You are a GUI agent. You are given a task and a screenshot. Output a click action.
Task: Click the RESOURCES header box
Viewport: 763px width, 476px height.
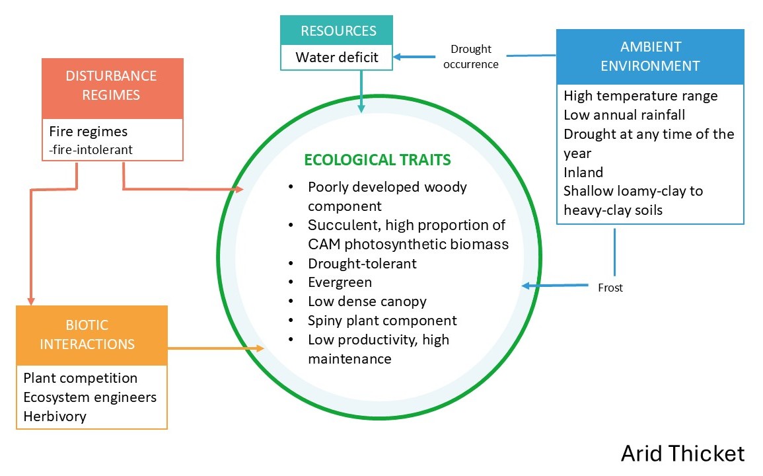(x=336, y=30)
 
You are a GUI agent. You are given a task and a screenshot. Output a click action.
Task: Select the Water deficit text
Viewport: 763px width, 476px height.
(x=337, y=58)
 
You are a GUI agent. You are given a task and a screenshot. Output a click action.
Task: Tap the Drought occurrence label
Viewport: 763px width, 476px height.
(x=470, y=56)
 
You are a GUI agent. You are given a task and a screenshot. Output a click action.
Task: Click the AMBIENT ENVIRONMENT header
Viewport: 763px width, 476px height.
(x=650, y=56)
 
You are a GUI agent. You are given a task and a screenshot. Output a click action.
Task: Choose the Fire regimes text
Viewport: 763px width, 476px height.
(x=88, y=132)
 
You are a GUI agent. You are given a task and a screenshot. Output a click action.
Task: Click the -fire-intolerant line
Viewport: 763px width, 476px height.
(x=91, y=149)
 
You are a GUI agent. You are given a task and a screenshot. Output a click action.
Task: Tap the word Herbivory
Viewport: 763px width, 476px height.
(x=55, y=416)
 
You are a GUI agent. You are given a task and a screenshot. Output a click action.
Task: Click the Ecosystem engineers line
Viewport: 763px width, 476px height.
(x=90, y=397)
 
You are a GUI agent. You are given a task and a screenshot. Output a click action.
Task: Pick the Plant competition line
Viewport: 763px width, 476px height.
(x=81, y=378)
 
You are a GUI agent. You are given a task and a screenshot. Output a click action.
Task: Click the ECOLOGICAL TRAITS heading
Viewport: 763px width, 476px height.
(x=378, y=160)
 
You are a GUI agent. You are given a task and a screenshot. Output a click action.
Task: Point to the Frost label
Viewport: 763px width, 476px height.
(x=610, y=288)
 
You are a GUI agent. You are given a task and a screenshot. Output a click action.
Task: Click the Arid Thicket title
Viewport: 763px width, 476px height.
(x=682, y=454)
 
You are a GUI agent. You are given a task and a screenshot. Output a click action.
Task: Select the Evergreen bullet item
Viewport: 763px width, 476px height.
(x=340, y=282)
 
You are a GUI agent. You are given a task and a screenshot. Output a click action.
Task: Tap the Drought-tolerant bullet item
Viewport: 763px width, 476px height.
(x=362, y=264)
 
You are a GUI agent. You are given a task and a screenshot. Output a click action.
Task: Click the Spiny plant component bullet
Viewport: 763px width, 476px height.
(x=382, y=321)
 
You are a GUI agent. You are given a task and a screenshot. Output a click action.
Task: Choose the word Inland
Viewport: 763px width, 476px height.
(x=583, y=173)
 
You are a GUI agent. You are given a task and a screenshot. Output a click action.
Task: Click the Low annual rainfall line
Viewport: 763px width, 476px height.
(x=624, y=115)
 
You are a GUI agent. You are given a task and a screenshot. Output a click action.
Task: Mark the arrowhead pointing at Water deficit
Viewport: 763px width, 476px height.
(x=397, y=57)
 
